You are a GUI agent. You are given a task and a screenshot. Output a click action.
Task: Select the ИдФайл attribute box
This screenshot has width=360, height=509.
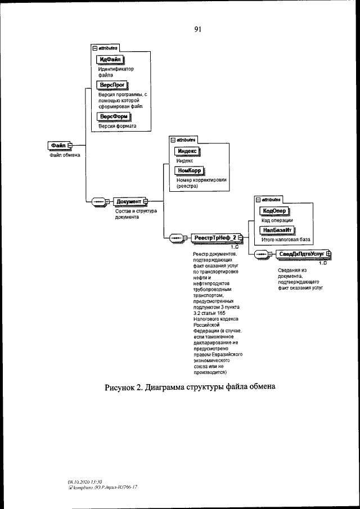[x=111, y=59]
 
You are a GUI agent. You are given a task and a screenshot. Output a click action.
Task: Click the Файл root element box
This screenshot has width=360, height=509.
[x=58, y=146]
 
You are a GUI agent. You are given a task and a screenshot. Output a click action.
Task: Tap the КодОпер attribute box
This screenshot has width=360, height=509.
[x=274, y=210]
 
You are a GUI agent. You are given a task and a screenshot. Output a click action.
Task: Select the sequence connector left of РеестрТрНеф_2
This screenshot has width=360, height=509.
[x=177, y=238]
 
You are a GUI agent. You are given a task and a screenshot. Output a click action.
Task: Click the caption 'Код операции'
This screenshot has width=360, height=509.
[x=277, y=220]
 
